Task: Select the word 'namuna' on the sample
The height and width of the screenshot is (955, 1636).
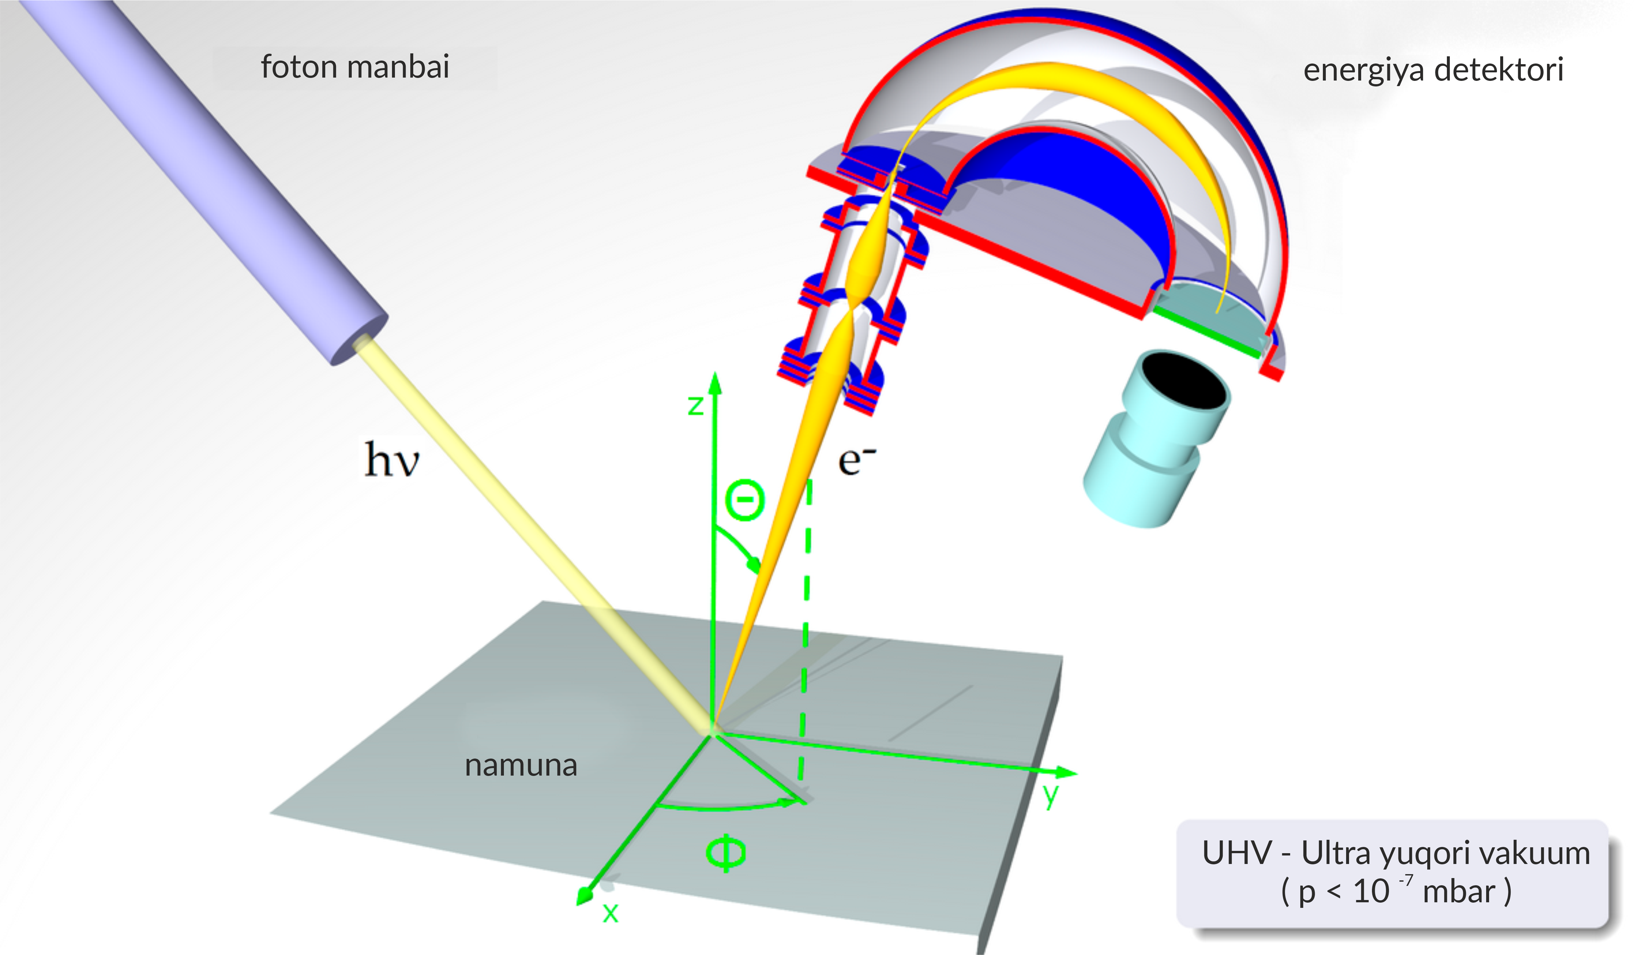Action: [x=521, y=765]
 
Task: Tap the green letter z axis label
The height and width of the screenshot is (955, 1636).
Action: [x=695, y=405]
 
